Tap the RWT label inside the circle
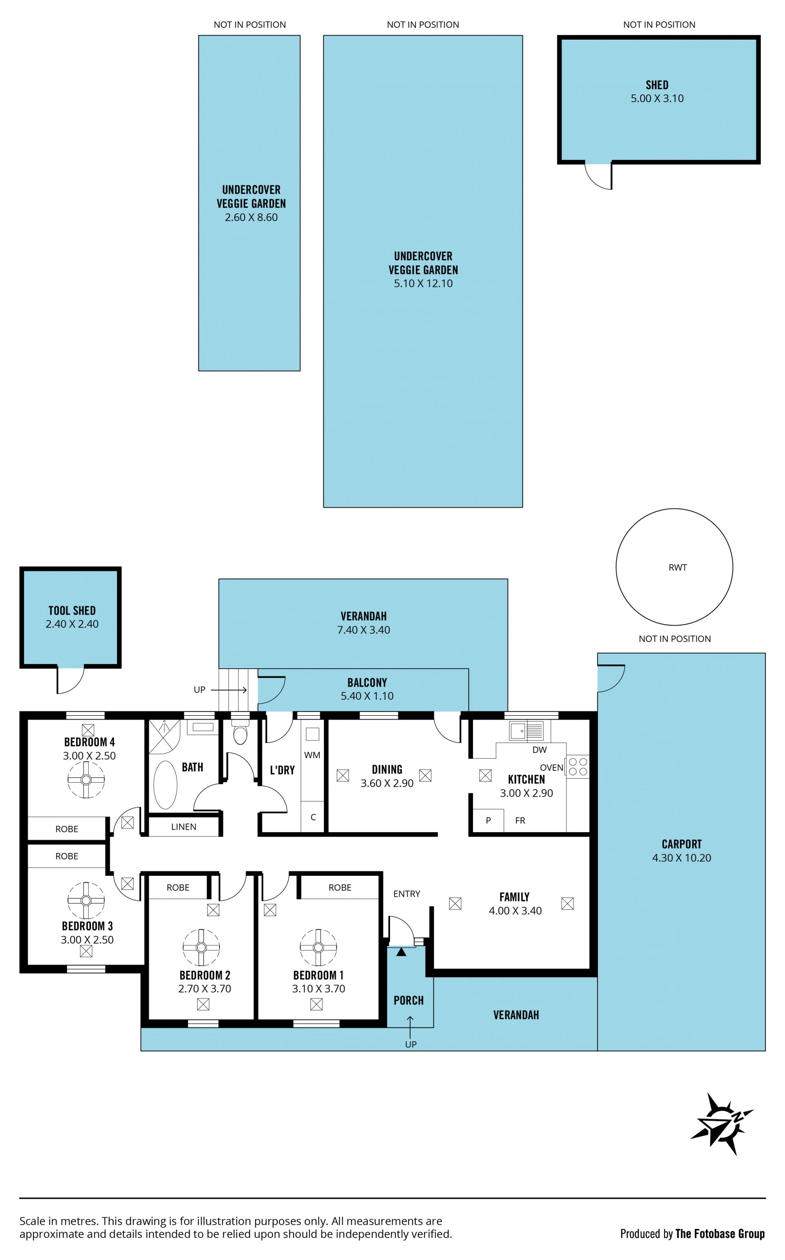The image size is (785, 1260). click(x=677, y=568)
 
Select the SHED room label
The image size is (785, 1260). click(x=657, y=85)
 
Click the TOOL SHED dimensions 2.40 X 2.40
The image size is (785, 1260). click(x=72, y=624)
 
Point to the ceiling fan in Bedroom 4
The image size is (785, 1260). click(x=86, y=779)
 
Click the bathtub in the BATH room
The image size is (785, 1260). click(x=166, y=785)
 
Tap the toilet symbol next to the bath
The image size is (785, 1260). click(x=240, y=732)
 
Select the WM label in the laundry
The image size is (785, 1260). click(x=312, y=755)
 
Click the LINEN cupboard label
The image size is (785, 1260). click(x=184, y=827)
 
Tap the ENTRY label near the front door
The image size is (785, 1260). click(x=406, y=894)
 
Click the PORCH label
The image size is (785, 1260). click(x=408, y=1000)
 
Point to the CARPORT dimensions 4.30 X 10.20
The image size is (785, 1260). click(x=682, y=858)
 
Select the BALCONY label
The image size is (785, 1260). click(x=367, y=683)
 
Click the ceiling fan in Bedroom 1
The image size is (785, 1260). click(x=318, y=948)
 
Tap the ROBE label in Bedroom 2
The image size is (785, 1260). click(x=178, y=888)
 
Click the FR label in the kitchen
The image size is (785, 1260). click(x=520, y=821)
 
